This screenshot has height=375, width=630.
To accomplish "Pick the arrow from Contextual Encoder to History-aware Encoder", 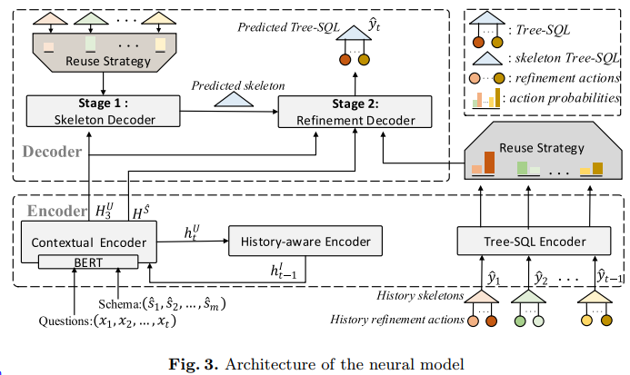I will tap(192, 241).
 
